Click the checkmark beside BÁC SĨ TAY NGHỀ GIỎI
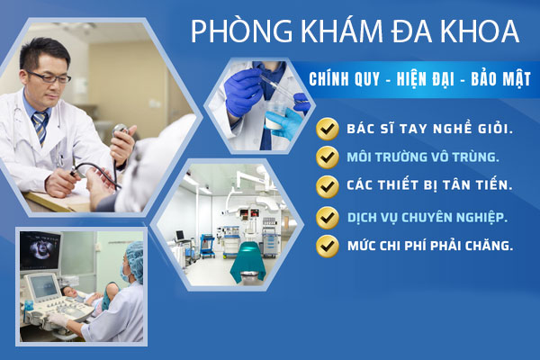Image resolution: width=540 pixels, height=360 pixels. coord(328,129)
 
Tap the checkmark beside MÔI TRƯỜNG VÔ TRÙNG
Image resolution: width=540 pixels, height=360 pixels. coord(328,157)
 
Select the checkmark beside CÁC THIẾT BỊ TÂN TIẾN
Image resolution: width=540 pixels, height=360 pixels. coord(328,185)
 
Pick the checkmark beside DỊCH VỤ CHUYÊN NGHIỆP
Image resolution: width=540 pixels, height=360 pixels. coord(328,217)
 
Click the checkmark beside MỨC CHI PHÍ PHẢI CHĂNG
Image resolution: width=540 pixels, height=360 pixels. coord(328,244)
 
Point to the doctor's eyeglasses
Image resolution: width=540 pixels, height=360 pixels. coord(50,76)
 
